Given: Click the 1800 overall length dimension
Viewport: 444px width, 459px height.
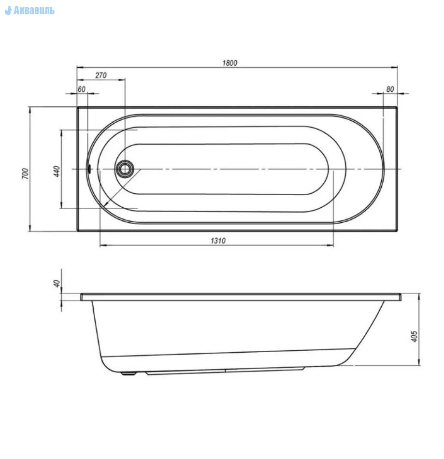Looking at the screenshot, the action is (230, 63).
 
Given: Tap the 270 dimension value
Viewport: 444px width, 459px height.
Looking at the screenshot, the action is (101, 75).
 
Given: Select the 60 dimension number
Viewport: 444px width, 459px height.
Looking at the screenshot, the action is (82, 89).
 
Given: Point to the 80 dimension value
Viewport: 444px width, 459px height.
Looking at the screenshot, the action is (390, 89).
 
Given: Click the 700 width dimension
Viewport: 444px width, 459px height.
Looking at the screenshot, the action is (26, 173).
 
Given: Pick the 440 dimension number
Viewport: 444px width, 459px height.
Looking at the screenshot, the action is (57, 171).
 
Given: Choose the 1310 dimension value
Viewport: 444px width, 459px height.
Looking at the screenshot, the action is (218, 241).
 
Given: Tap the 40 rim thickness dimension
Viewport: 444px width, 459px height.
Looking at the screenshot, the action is (57, 283).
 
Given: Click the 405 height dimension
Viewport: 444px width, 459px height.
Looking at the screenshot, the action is (414, 336).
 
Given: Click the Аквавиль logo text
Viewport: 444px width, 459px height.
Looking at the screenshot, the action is (34, 11).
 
